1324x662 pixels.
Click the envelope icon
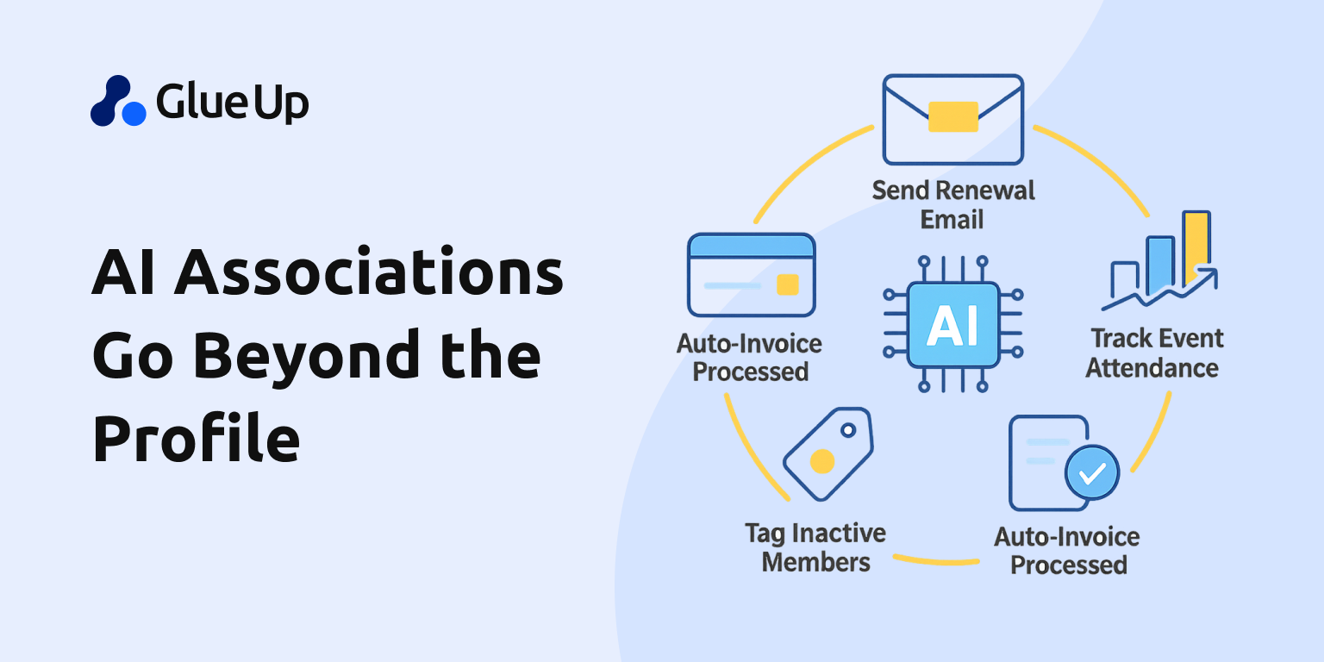coord(952,119)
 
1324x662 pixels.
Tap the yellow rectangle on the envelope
coord(952,116)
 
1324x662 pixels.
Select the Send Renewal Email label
coord(952,204)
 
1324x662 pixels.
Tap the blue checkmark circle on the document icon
coord(1091,472)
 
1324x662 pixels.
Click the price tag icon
coord(827,453)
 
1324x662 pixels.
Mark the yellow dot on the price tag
coord(821,461)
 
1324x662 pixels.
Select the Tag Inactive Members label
coord(815,547)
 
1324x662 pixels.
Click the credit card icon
coord(751,275)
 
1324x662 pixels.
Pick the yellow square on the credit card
coord(787,284)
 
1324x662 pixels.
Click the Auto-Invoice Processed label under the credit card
coord(749,358)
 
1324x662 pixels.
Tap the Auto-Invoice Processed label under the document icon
coord(1067,551)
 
